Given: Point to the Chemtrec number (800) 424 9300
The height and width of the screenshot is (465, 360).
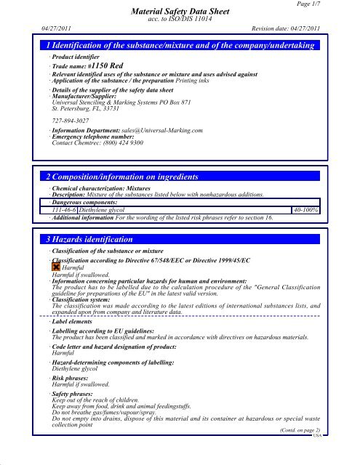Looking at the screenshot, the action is pyautogui.click(x=111, y=123).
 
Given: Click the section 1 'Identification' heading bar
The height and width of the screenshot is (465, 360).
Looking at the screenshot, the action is pyautogui.click(x=180, y=46).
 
